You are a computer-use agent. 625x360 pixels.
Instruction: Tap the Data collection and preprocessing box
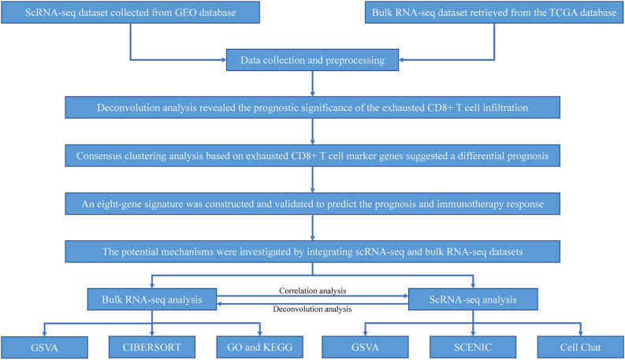pos(313,58)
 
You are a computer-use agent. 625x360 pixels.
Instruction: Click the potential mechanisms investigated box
pos(313,251)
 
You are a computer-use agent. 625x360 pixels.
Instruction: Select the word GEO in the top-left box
pos(168,13)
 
